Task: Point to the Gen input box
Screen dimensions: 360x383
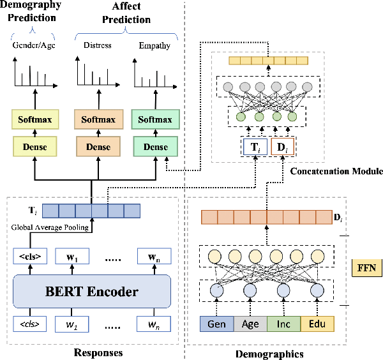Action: coord(216,324)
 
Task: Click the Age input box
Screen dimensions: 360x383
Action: coord(250,324)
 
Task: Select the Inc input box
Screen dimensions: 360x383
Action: coord(283,324)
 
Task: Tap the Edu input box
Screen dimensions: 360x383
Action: coord(317,324)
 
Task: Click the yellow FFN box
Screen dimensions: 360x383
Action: coord(366,267)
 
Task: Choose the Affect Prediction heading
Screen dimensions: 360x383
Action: coord(121,12)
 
